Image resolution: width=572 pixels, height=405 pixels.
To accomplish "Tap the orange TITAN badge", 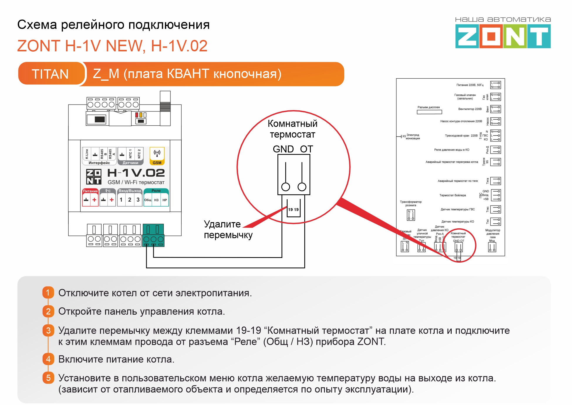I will click(50, 74).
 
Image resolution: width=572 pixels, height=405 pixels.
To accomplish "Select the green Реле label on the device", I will click(156, 191).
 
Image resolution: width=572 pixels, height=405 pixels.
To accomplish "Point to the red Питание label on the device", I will click(90, 191).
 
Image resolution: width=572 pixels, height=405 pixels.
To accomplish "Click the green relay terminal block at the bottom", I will click(153, 235).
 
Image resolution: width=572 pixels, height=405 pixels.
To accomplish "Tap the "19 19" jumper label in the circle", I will click(293, 210).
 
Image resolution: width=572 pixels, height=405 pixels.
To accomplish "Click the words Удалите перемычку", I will click(228, 230).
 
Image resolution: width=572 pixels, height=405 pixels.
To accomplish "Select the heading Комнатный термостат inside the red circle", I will click(293, 129).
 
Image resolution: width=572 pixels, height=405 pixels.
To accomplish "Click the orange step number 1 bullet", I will click(48, 293).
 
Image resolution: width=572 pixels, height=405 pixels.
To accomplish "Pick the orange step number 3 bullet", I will click(48, 330).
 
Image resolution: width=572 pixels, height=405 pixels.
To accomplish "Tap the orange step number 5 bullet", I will click(48, 378).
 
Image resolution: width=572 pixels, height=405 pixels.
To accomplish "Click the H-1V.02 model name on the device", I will click(136, 173).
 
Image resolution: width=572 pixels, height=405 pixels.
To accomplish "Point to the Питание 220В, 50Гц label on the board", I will click(470, 85).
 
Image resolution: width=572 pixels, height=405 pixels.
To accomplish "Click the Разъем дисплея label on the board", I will click(428, 107).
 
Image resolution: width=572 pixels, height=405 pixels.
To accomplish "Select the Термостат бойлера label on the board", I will click(452, 195).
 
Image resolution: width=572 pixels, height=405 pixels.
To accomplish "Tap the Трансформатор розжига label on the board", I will click(411, 203).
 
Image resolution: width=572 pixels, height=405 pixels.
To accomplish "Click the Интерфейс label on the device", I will click(99, 163).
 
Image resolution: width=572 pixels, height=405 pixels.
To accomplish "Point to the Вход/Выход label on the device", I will click(130, 191).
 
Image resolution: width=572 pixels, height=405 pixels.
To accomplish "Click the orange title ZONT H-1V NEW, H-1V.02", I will click(112, 46).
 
